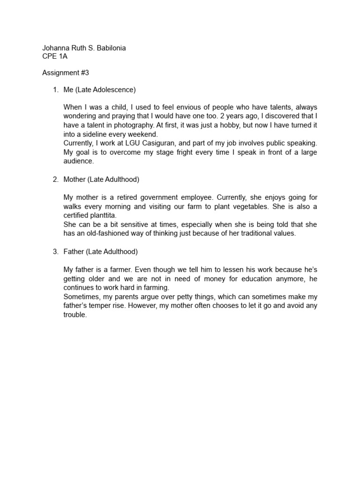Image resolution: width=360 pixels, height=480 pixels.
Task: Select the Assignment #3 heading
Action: tap(66, 73)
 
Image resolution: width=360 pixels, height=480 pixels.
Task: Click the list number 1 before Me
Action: tap(55, 89)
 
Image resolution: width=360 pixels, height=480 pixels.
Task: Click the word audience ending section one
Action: tap(78, 161)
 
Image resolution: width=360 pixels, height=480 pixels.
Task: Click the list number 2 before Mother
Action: tap(55, 179)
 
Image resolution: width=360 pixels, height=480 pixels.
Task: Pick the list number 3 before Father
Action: tap(55, 252)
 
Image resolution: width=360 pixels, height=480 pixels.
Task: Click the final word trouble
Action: tap(75, 315)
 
